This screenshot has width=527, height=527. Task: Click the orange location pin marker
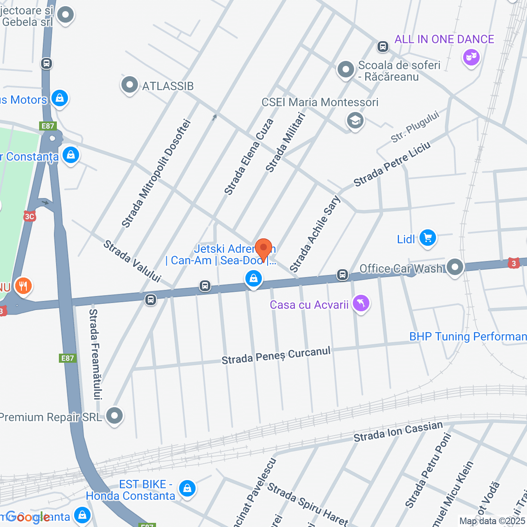(x=263, y=249)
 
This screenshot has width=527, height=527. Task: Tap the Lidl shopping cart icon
(x=427, y=238)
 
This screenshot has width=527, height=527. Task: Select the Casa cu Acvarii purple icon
(x=361, y=304)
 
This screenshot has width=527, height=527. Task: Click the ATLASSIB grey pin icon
(x=130, y=85)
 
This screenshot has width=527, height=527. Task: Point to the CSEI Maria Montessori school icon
(x=355, y=121)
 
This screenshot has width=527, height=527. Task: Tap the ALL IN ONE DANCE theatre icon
(x=471, y=56)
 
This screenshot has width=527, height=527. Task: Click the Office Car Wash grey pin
(x=455, y=267)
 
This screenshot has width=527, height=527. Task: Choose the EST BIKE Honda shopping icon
(x=187, y=488)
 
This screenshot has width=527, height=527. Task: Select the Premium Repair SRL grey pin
(x=114, y=416)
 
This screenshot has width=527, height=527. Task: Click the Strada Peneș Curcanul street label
(x=276, y=355)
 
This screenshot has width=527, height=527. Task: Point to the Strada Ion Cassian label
(x=398, y=431)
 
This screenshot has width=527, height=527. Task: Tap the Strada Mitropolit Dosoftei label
(x=156, y=173)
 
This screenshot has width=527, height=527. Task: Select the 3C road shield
(x=29, y=216)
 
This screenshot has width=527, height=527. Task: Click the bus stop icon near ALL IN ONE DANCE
(x=383, y=47)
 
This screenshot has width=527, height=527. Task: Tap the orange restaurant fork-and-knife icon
(x=23, y=285)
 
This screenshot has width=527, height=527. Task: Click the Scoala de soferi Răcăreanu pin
(x=346, y=70)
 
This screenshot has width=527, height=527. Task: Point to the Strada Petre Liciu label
(x=392, y=164)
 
